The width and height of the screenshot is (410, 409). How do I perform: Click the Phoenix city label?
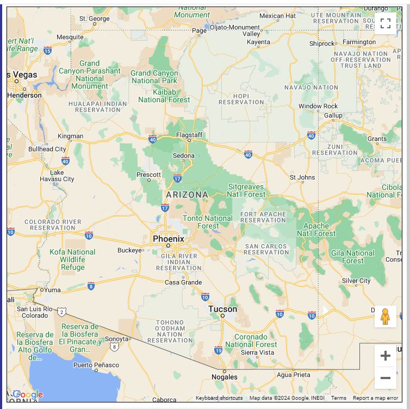click(x=168, y=239)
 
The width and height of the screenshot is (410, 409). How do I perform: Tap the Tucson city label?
click(x=222, y=309)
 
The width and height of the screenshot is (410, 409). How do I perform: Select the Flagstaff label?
click(x=189, y=135)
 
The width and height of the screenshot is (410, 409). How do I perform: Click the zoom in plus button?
click(x=385, y=356)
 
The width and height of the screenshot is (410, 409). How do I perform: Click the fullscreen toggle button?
click(x=385, y=23)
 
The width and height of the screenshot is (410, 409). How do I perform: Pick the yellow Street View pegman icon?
click(x=385, y=317)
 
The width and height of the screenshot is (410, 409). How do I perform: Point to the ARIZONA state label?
click(x=187, y=195)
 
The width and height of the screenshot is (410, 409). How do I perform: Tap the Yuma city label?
click(x=52, y=290)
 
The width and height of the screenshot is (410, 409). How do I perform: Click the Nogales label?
click(x=224, y=377)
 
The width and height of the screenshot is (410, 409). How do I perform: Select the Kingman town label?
click(x=71, y=136)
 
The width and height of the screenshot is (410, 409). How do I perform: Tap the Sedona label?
click(x=183, y=156)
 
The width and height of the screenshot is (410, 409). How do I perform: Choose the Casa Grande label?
click(x=183, y=282)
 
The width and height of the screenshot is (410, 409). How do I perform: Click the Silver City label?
click(x=356, y=281)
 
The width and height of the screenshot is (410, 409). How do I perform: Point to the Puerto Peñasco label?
click(x=96, y=364)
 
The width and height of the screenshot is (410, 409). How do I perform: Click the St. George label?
click(x=95, y=18)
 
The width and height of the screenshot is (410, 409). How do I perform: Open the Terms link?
click(x=338, y=398)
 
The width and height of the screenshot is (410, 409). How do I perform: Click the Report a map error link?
click(x=375, y=398)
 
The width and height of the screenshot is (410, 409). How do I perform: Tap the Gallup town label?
click(x=333, y=115)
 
